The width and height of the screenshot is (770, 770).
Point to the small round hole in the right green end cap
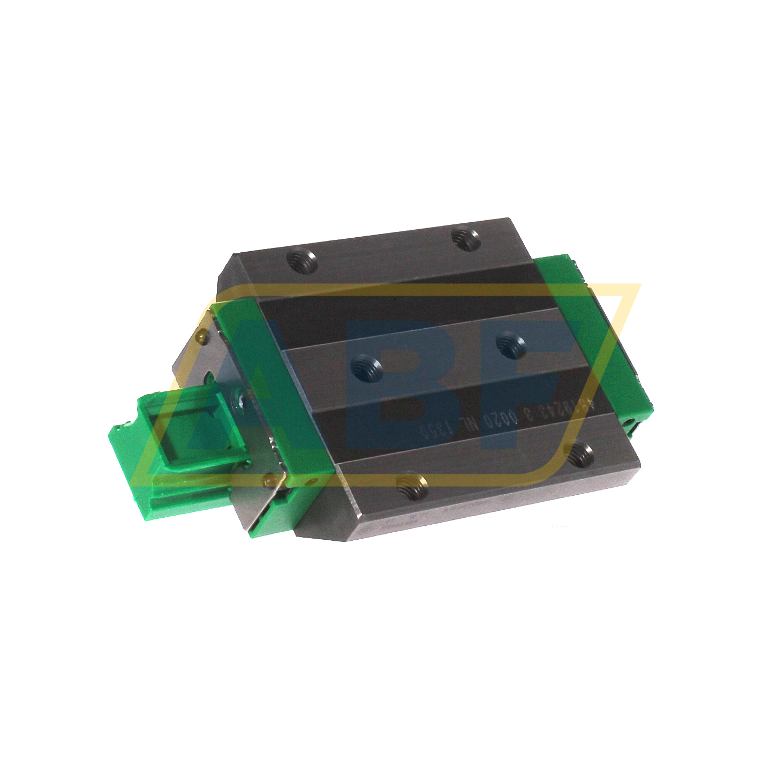tap(632, 422)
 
